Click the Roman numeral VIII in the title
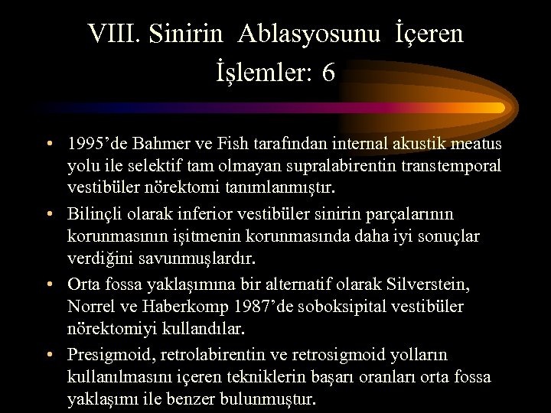118,34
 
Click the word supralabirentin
316,166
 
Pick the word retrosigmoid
345,355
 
